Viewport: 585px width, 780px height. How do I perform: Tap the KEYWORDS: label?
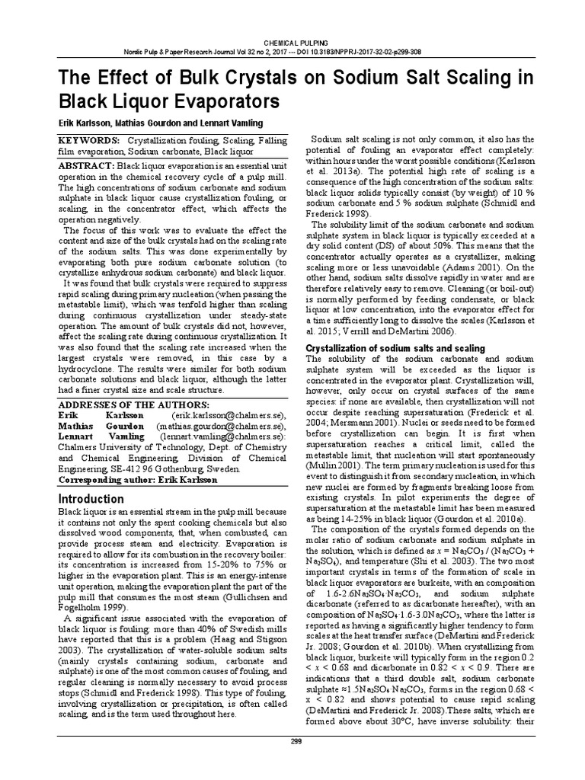(x=88, y=142)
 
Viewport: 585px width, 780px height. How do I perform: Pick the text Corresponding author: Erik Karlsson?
(x=134, y=480)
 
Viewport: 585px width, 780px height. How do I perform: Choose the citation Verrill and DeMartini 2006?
(x=398, y=332)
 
